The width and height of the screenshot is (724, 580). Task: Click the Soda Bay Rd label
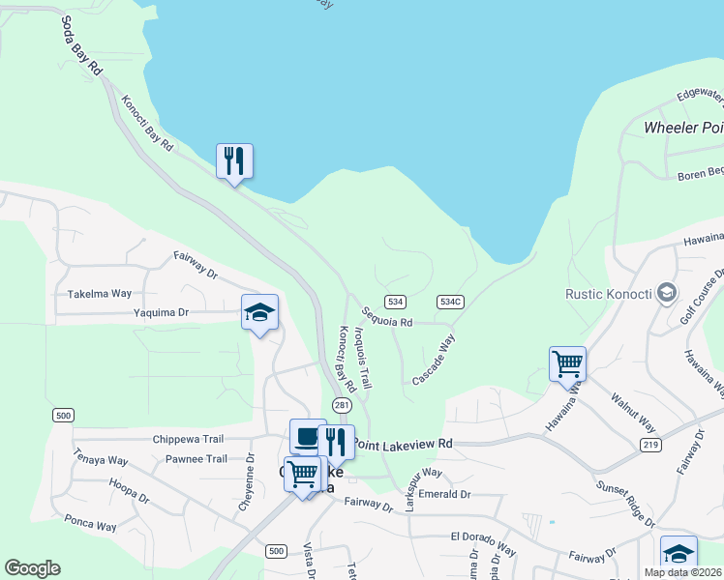tap(81, 46)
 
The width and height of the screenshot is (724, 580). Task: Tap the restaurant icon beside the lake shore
tap(234, 160)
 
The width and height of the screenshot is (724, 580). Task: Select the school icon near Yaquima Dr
tap(259, 311)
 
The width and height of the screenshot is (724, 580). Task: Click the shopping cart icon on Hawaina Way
tap(567, 363)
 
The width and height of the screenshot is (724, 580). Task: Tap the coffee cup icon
tap(308, 437)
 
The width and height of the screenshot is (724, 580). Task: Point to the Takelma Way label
tap(99, 293)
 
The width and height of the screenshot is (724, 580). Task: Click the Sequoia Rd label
tap(387, 316)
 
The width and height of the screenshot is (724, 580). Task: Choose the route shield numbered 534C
tap(450, 302)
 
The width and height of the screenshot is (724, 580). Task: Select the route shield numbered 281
tap(342, 405)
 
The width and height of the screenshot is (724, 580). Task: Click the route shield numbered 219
tap(650, 445)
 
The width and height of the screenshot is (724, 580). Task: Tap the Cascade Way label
tap(433, 359)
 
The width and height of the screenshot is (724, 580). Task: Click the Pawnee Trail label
tap(196, 459)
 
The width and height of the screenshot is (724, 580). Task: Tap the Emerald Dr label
tap(444, 494)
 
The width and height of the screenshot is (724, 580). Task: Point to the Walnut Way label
tap(633, 412)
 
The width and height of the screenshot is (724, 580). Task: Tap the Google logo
tap(33, 568)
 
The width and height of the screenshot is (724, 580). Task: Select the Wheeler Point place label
tap(683, 128)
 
